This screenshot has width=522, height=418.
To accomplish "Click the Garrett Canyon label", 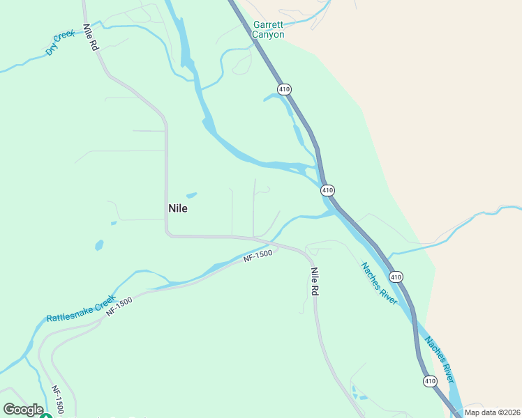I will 269,30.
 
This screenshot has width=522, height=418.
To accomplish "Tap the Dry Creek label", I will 60,42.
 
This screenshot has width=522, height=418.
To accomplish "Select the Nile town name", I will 178,208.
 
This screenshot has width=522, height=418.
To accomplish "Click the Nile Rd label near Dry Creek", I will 90,38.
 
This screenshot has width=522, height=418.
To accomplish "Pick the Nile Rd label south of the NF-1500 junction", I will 315,282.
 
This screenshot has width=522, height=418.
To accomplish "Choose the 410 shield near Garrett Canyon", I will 283,89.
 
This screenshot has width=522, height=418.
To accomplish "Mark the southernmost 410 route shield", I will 430,380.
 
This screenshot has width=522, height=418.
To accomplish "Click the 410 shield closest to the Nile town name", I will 327,189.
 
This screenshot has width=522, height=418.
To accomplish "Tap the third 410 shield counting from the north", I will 396,277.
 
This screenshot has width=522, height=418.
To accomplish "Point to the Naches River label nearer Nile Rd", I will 379,284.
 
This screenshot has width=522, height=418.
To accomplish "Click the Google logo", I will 23,410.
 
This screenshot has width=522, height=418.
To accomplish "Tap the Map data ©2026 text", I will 492,412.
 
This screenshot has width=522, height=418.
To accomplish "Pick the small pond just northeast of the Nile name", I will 191,195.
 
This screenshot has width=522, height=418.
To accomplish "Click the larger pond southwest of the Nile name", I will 99,245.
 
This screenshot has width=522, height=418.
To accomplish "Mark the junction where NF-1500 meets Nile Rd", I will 279,245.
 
